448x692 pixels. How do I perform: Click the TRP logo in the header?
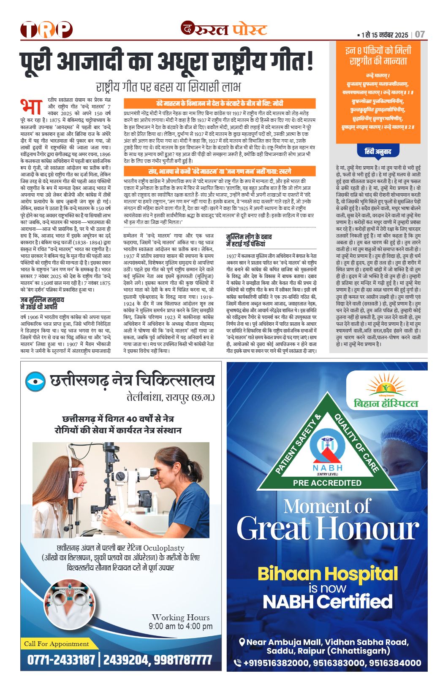[x=46, y=30]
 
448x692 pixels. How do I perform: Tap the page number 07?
[x=420, y=35]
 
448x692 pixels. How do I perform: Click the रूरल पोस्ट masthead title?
[x=224, y=29]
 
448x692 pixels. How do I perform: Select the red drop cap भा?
[x=30, y=107]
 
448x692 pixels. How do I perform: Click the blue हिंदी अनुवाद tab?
[x=378, y=151]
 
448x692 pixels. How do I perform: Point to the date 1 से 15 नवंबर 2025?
[x=385, y=35]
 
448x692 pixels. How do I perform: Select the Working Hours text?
[x=180, y=617]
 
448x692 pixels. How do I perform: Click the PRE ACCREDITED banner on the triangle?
[x=327, y=483]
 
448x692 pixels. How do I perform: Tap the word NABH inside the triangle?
[x=328, y=468]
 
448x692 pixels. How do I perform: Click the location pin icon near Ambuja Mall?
[x=242, y=642]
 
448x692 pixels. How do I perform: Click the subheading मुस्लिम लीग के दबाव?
[x=249, y=237]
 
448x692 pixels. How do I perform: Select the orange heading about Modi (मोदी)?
[x=219, y=103]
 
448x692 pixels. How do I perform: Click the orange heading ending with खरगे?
[x=219, y=171]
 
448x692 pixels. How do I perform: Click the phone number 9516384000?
[x=395, y=663]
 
